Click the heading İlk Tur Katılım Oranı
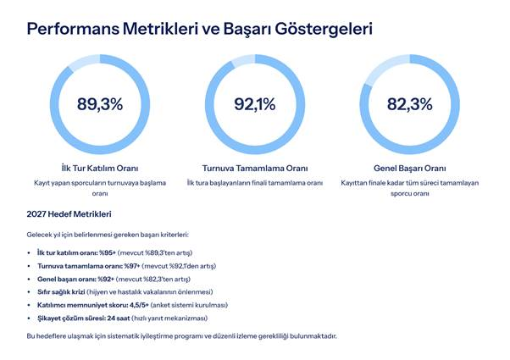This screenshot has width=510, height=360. pyautogui.click(x=100, y=168)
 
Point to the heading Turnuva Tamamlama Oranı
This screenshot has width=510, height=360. pyautogui.click(x=255, y=168)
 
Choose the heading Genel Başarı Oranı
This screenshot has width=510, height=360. pyautogui.click(x=409, y=168)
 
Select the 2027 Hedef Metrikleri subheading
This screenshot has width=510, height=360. pyautogui.click(x=69, y=214)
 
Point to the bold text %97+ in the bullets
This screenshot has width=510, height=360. pyautogui.click(x=129, y=266)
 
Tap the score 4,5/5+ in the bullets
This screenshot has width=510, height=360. pyautogui.click(x=126, y=304)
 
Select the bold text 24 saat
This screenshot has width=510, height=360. pyautogui.click(x=119, y=318)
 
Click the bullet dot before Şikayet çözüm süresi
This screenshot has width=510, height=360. pyautogui.click(x=30, y=318)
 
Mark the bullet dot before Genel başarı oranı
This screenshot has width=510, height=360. pyautogui.click(x=30, y=279)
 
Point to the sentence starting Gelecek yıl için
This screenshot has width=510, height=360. pyautogui.click(x=107, y=233)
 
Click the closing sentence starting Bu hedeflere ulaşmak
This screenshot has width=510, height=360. pyautogui.click(x=181, y=336)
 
